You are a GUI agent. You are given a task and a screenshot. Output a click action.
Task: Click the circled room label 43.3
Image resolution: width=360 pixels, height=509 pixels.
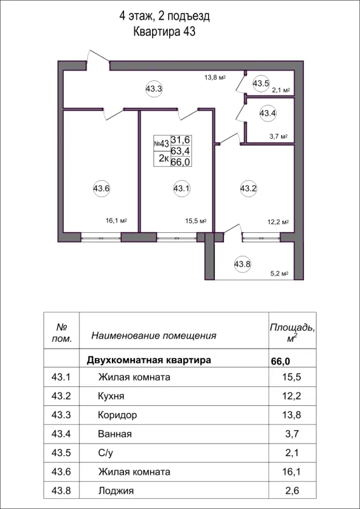(154, 90)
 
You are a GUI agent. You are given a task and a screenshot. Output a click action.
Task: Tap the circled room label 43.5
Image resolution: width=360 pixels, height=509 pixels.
(261, 83)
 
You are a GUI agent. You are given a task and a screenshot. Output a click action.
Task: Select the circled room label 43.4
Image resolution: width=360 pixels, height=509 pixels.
(268, 113)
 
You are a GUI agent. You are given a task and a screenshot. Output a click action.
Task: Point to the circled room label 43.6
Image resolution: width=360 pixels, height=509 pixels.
(102, 188)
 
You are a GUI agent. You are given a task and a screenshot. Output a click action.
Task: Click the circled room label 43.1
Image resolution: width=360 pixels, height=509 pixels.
(182, 188)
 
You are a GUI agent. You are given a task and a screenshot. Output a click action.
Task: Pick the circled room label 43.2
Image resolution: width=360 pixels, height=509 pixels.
(248, 188)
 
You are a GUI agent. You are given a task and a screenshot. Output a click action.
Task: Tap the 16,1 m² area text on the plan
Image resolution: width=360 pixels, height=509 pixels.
(117, 221)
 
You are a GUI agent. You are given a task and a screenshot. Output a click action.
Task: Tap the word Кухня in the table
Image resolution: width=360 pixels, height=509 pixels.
(111, 396)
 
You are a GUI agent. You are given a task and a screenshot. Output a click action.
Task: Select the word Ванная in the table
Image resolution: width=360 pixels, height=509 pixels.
(115, 435)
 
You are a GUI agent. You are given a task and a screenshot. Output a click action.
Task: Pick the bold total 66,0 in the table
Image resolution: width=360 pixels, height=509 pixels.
(281, 361)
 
